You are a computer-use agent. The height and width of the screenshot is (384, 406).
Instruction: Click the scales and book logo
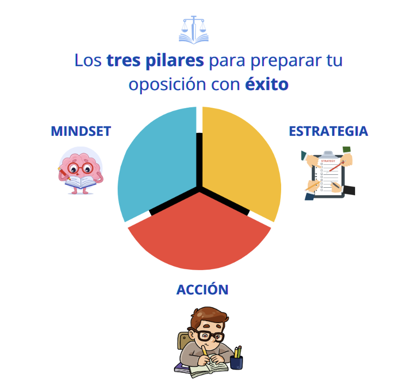(x=193, y=30)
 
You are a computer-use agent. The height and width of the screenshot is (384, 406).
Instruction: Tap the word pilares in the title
(x=175, y=61)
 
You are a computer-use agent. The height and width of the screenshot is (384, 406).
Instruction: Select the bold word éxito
(x=267, y=84)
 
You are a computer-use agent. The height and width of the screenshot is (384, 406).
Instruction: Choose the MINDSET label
(x=81, y=131)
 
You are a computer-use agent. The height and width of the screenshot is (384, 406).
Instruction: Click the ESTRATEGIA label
(x=328, y=131)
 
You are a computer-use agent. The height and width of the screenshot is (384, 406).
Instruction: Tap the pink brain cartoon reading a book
(x=81, y=171)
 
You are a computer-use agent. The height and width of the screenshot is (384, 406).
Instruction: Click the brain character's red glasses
(x=80, y=168)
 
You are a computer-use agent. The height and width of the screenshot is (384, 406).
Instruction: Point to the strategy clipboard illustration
(x=328, y=173)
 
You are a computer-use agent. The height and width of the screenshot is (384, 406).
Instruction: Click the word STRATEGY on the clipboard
(x=328, y=161)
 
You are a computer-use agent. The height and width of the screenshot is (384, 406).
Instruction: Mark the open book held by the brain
(x=81, y=182)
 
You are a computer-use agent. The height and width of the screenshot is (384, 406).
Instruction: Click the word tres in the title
(x=123, y=61)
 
